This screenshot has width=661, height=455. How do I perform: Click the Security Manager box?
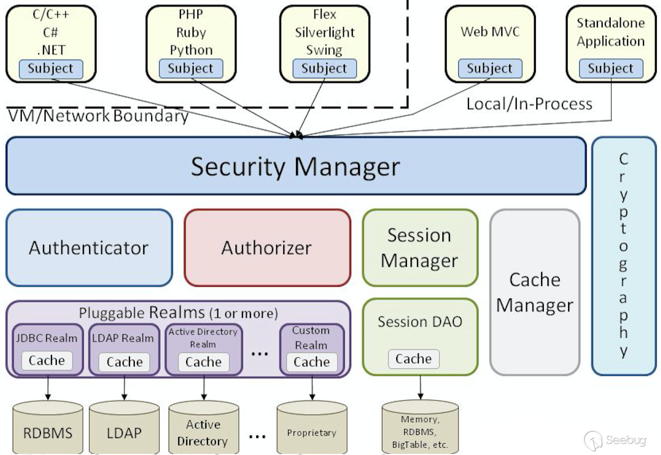(x=295, y=166)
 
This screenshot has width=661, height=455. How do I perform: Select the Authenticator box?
(x=89, y=248)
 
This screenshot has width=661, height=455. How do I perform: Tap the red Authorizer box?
(x=267, y=248)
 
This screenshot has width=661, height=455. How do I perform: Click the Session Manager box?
(x=420, y=248)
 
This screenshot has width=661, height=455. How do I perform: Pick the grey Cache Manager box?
(x=534, y=292)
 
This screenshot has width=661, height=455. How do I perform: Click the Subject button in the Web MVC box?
(x=490, y=68)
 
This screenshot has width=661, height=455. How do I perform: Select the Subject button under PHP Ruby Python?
(x=190, y=68)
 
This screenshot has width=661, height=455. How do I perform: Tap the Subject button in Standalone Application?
(x=610, y=68)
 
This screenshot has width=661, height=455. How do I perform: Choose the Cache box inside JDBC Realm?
(x=47, y=361)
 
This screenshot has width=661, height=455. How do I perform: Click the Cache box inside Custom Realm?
(x=311, y=362)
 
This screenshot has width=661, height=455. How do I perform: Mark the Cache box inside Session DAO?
(x=413, y=359)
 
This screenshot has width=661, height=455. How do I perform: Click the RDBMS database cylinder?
(x=47, y=427)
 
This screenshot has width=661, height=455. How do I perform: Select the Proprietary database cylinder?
(x=311, y=427)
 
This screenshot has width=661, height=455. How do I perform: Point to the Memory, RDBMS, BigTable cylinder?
(x=420, y=427)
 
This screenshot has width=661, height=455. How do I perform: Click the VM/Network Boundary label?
(x=98, y=116)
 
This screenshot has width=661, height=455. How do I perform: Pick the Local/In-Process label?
(x=529, y=104)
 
